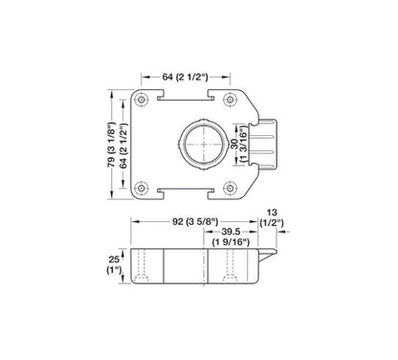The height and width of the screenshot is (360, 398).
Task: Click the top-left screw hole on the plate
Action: point(142,100)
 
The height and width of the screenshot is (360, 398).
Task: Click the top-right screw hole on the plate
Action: point(230,100)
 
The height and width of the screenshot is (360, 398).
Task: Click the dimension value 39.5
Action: point(231,233)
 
